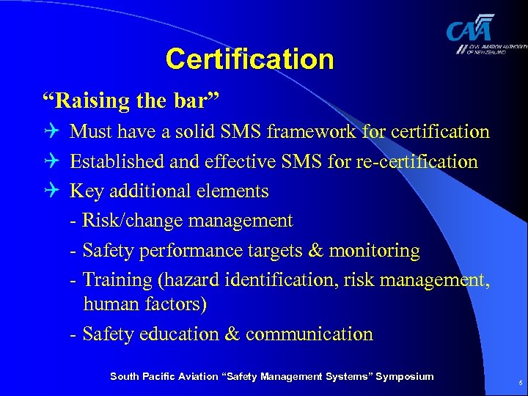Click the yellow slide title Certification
pyautogui.click(x=249, y=59)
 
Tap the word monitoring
pyautogui.click(x=374, y=251)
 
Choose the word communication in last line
pyautogui.click(x=309, y=334)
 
